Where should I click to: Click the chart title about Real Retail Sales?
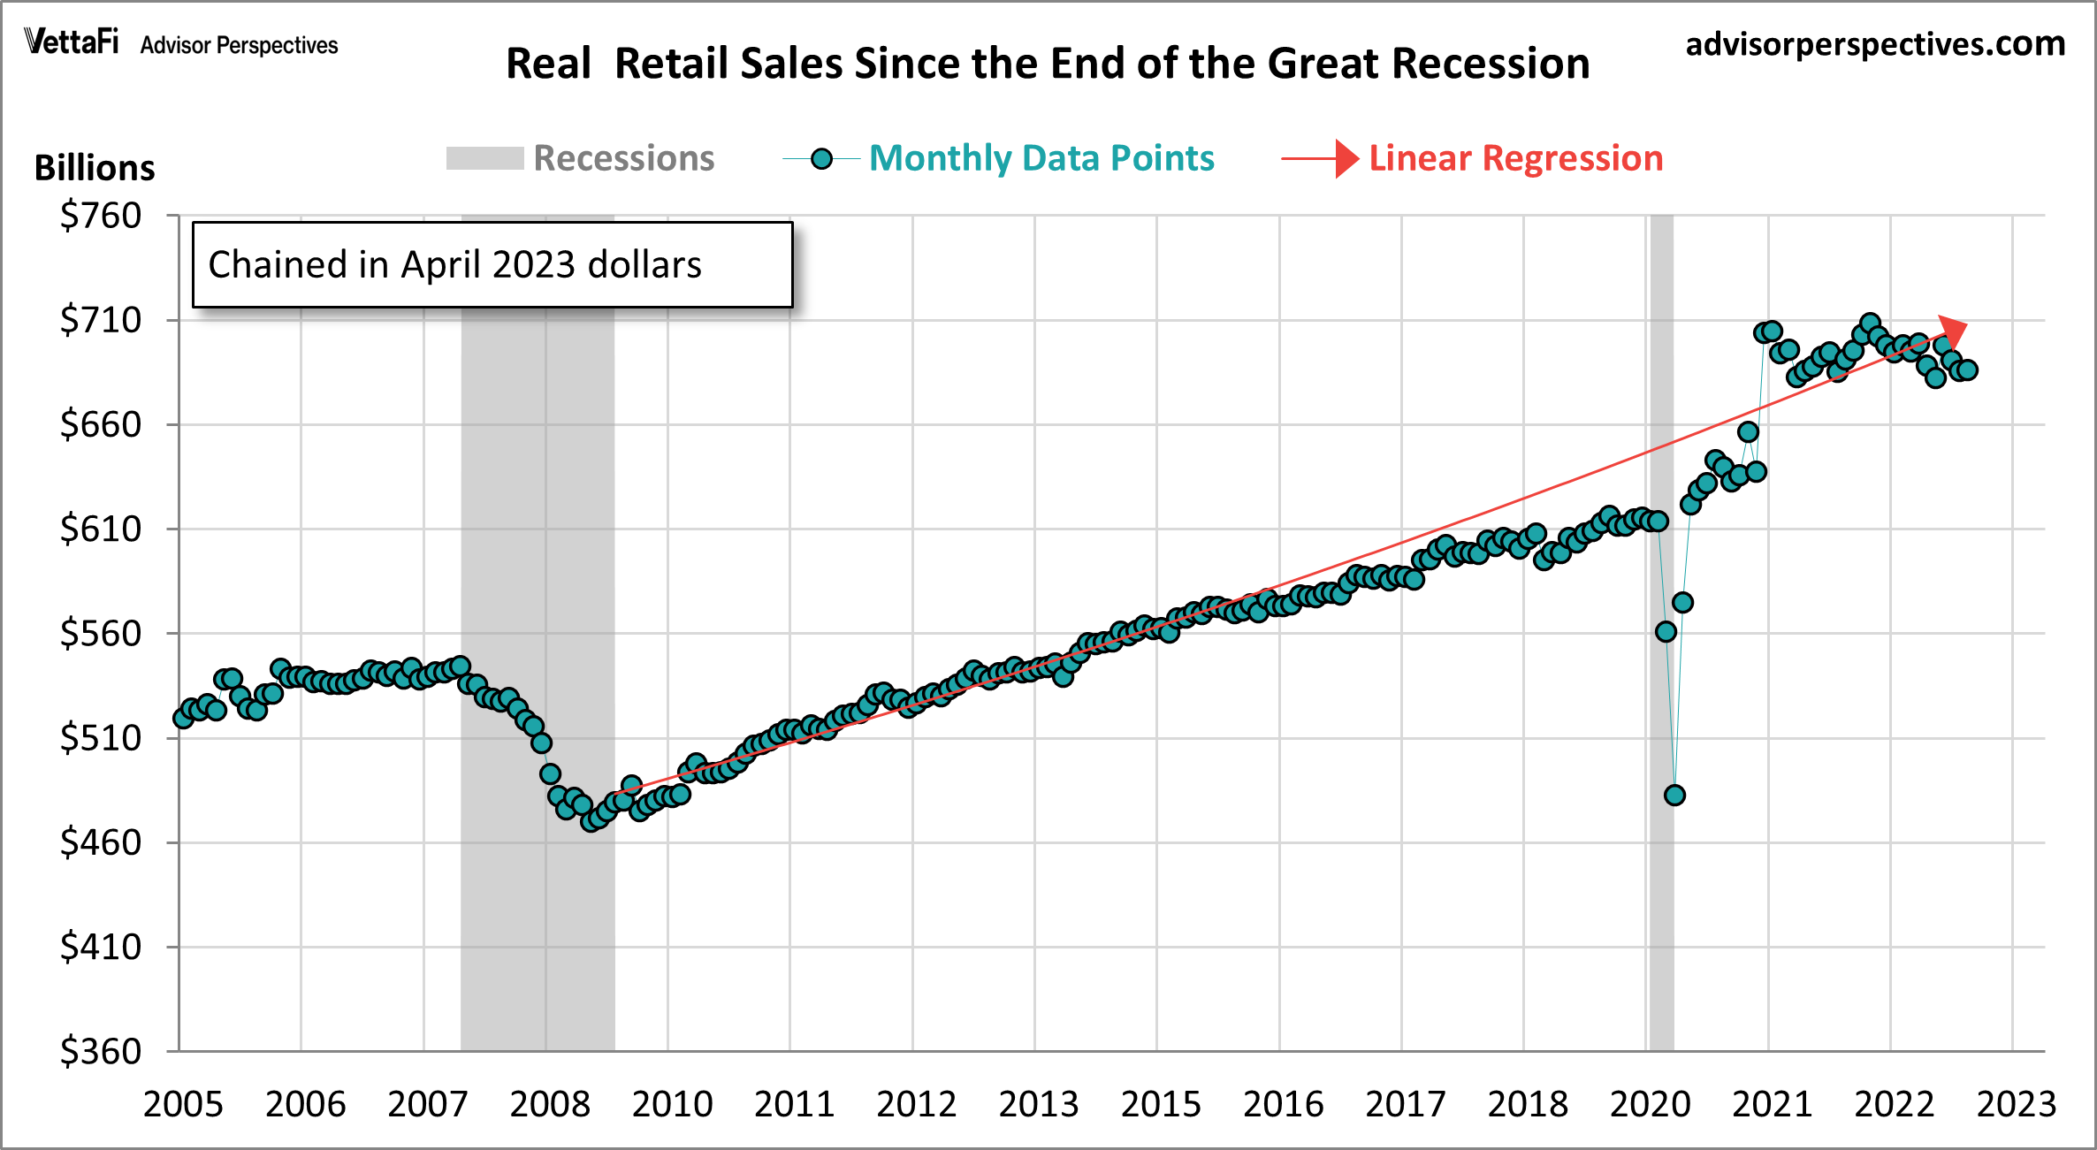tap(1048, 64)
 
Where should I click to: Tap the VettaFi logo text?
tap(72, 42)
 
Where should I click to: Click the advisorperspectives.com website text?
tap(1875, 43)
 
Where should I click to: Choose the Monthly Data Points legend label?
tap(1041, 158)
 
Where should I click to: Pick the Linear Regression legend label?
tap(1515, 158)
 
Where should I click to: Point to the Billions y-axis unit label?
tap(95, 168)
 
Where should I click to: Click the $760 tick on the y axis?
tap(100, 216)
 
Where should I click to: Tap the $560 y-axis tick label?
tap(100, 634)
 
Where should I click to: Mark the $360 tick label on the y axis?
tap(100, 1052)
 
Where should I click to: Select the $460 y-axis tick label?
tap(100, 842)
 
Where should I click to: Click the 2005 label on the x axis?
tap(183, 1105)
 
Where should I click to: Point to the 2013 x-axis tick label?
tap(1039, 1105)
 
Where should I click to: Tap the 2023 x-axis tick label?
tap(2017, 1105)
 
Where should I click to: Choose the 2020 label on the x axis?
tap(1650, 1105)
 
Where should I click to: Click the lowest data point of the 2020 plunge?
tap(1674, 796)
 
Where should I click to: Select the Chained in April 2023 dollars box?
tap(492, 264)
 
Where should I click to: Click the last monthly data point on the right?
tap(1967, 370)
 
